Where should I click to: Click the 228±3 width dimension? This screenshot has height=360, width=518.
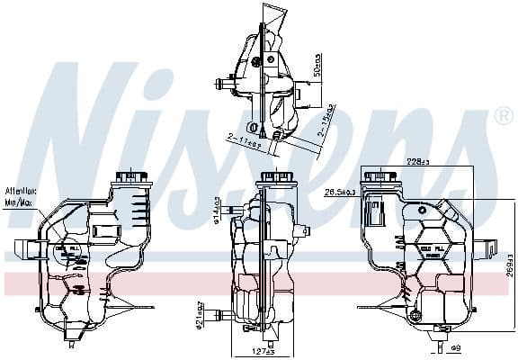tap(418, 163)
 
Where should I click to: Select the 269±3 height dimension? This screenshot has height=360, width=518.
tap(506, 269)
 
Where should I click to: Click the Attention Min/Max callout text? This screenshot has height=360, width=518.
tap(20, 195)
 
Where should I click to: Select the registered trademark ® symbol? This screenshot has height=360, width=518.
tap(503, 118)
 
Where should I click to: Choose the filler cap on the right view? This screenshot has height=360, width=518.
tap(380, 175)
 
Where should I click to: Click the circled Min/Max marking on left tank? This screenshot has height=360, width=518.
tap(67, 255)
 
